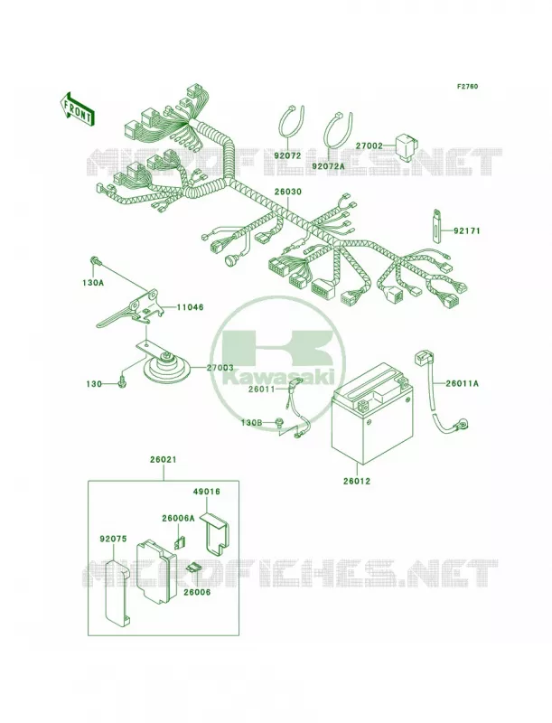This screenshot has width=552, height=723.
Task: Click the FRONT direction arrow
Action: tap(77, 108)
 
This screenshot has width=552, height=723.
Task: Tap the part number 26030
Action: tap(288, 191)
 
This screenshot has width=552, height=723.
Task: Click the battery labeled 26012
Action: tap(373, 413)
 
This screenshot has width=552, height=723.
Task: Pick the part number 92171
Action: tap(467, 230)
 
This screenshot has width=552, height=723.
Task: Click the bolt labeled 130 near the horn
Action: tap(123, 382)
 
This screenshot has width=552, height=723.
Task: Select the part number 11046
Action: tap(190, 306)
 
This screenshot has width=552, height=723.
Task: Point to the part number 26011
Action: tap(262, 389)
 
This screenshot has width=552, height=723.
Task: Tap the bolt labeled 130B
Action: tap(280, 421)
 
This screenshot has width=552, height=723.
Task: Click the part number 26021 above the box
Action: tap(164, 460)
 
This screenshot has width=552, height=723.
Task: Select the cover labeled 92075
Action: tap(116, 594)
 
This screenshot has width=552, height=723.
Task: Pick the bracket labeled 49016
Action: tap(217, 533)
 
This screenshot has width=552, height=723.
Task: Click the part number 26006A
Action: tap(178, 518)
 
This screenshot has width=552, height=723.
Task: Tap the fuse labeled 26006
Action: tap(194, 568)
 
